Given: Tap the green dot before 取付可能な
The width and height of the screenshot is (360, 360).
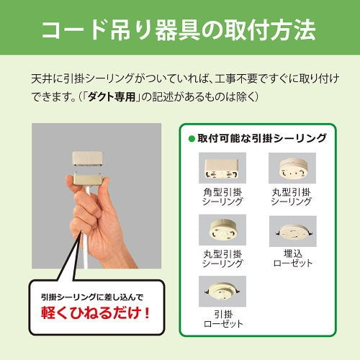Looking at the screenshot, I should tap(192, 138).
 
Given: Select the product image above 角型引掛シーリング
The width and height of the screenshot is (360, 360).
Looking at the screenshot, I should tap(221, 169).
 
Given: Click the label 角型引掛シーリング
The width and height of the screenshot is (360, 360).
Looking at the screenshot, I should tap(221, 197).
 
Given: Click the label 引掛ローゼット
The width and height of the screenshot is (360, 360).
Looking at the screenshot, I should tap(221, 319).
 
